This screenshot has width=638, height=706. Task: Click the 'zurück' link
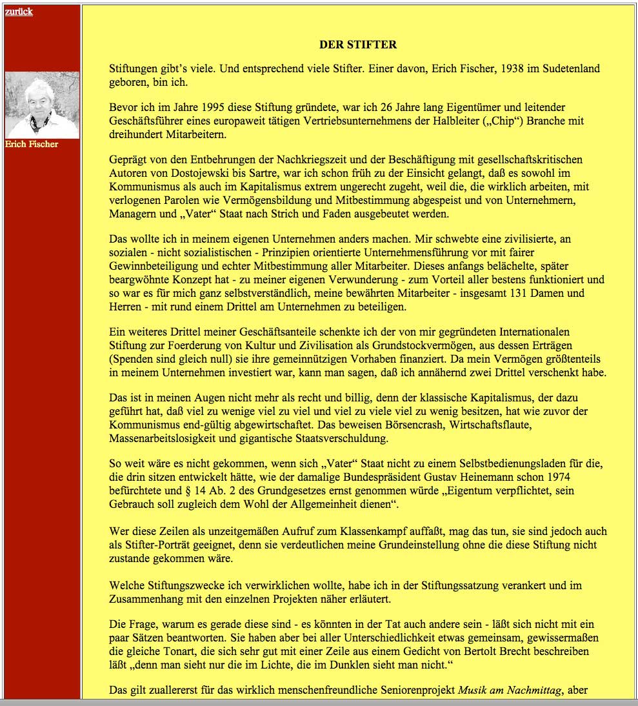click(19, 12)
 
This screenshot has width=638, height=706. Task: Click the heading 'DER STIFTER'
click(357, 45)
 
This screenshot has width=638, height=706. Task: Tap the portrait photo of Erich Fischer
click(42, 105)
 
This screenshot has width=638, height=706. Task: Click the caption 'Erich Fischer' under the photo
click(32, 144)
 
